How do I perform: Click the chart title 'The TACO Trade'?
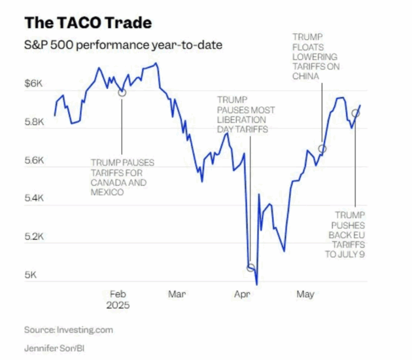coord(88,23)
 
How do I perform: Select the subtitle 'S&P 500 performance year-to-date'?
coord(123,45)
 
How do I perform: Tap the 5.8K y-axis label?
coord(34,123)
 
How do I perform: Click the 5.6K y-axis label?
coord(34,160)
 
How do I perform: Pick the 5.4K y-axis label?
coord(34,199)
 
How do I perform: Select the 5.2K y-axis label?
coord(34,237)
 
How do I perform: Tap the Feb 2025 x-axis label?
coord(118,299)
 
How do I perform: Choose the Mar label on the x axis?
coord(177,293)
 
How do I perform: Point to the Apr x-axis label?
coord(242,293)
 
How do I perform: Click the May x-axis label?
coord(304,293)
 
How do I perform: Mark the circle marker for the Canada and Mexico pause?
coord(122,92)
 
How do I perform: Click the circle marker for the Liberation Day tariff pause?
coord(251,267)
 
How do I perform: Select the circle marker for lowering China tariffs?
coord(322,149)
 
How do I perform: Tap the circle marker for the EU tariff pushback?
coord(355,113)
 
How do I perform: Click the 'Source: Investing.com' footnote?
coord(68,329)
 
